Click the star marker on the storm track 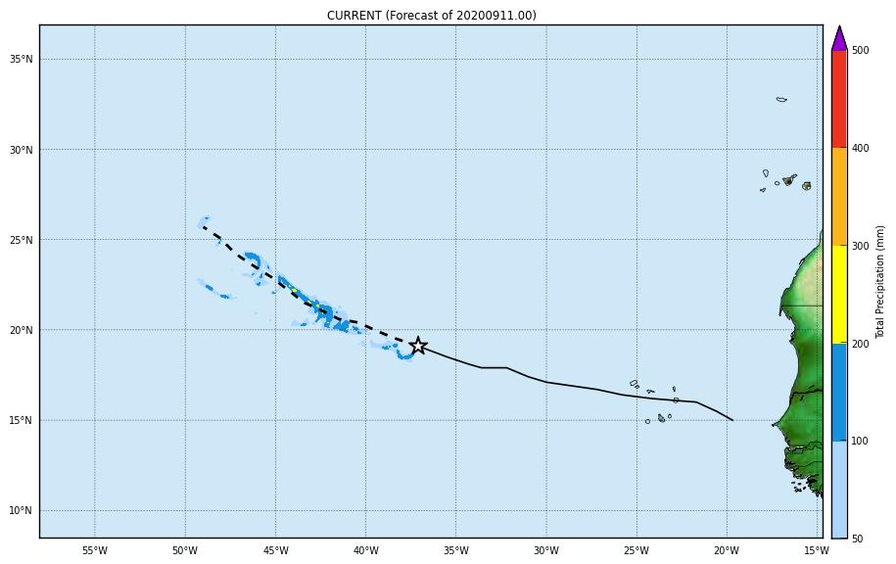(x=418, y=346)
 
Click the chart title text (x=431, y=16)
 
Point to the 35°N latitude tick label (x=22, y=60)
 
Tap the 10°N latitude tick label (x=22, y=511)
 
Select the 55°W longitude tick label (x=94, y=550)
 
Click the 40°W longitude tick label (x=365, y=550)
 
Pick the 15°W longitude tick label (x=817, y=550)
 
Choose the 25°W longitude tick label (x=637, y=550)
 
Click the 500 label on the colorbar (x=860, y=50)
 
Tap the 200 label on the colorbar (x=860, y=344)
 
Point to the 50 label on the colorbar (x=857, y=539)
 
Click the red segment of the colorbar (x=839, y=99)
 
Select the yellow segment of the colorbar (x=839, y=294)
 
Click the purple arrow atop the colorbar (x=839, y=39)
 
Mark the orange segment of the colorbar (x=839, y=196)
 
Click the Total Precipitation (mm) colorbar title (x=880, y=282)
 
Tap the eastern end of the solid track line (x=732, y=420)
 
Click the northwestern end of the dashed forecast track (x=203, y=226)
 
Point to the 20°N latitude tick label (x=22, y=331)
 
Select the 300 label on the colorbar (x=860, y=246)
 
